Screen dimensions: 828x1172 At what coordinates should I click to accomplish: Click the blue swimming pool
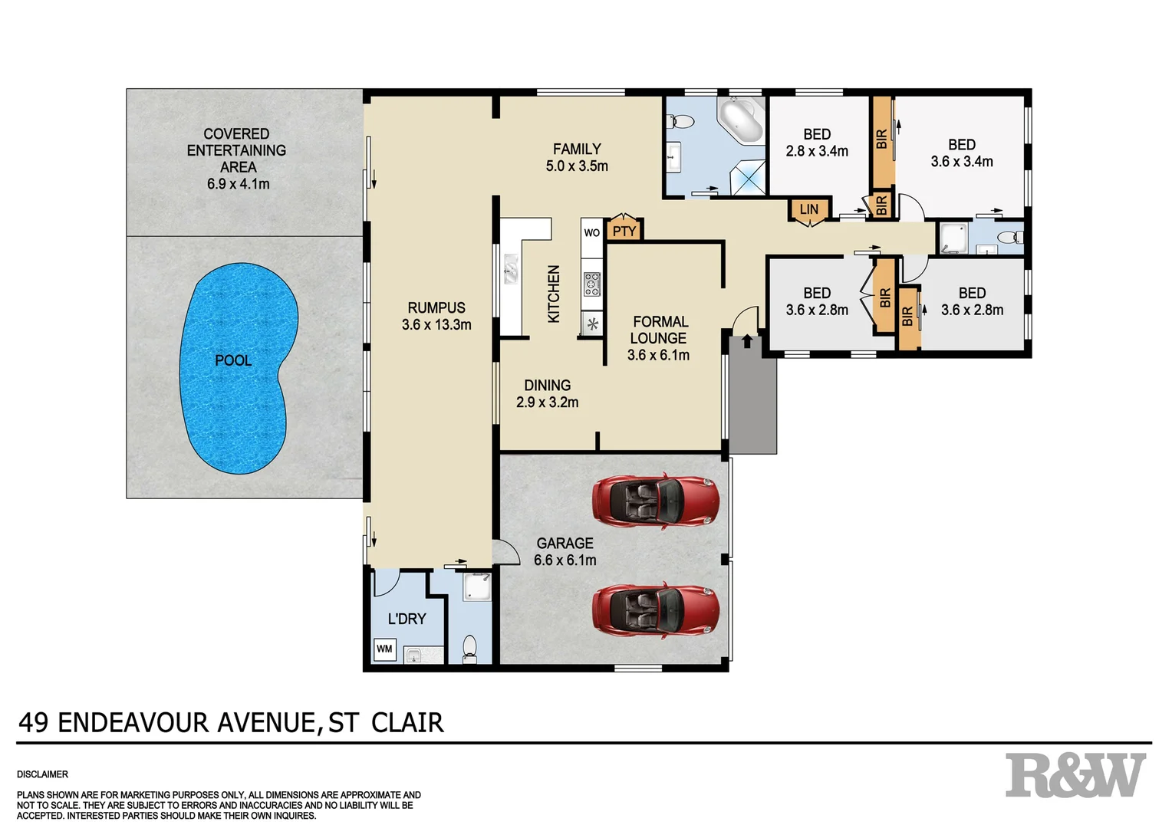click(x=238, y=368)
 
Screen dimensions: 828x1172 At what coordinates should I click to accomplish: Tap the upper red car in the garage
click(x=656, y=500)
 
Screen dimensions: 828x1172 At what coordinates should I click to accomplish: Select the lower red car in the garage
click(x=656, y=610)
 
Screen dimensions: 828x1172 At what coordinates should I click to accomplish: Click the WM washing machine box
click(x=384, y=649)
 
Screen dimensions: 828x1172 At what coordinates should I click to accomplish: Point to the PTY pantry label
click(x=624, y=231)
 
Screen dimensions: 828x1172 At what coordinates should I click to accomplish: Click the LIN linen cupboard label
click(x=809, y=210)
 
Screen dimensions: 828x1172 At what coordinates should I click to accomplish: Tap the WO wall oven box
click(x=592, y=232)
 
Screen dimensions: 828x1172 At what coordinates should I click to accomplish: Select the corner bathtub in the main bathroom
click(x=741, y=120)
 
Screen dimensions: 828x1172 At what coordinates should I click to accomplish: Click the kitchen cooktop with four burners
click(x=592, y=284)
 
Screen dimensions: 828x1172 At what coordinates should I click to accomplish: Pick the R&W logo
click(x=1075, y=776)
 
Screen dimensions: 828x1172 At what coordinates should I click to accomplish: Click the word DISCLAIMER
click(x=43, y=774)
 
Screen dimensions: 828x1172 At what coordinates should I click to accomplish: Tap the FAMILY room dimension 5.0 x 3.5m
click(x=577, y=166)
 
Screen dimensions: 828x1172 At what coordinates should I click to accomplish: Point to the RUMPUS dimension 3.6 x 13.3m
click(x=436, y=325)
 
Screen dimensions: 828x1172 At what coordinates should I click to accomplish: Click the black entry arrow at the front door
click(x=748, y=340)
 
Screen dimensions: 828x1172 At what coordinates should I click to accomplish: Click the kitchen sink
click(x=512, y=271)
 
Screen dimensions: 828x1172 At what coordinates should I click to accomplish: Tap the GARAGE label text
click(x=565, y=543)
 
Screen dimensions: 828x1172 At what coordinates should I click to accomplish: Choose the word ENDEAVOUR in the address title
click(x=134, y=723)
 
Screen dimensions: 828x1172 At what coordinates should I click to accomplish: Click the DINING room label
click(x=547, y=385)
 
